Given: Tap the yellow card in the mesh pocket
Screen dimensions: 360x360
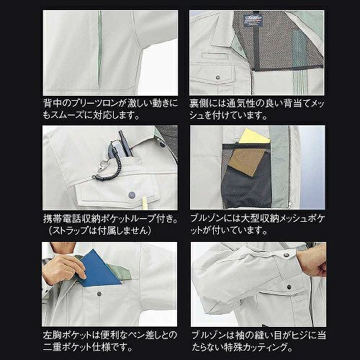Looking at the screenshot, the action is click(x=253, y=137).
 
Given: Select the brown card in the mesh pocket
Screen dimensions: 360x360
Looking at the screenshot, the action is click(x=246, y=162).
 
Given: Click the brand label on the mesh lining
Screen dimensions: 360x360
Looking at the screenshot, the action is click(x=253, y=19).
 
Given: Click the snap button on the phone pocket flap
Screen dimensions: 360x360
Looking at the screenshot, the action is click(x=131, y=194).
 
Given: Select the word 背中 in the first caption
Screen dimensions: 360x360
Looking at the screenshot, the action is click(x=53, y=103).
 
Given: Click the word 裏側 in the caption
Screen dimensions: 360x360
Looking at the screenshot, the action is click(x=199, y=103).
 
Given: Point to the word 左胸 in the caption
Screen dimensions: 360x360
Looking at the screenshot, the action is click(x=53, y=335).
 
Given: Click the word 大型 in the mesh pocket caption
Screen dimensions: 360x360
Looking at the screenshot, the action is click(x=251, y=218).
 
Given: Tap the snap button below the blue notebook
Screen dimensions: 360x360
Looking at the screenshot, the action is click(x=99, y=294).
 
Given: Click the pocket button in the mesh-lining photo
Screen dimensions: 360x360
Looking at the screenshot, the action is click(x=217, y=78).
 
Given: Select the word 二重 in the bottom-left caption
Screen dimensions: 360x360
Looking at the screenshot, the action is click(x=53, y=347).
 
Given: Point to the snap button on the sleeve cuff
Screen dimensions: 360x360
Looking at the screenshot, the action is click(x=286, y=255).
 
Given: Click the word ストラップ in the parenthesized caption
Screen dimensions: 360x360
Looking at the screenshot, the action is click(x=71, y=230).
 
